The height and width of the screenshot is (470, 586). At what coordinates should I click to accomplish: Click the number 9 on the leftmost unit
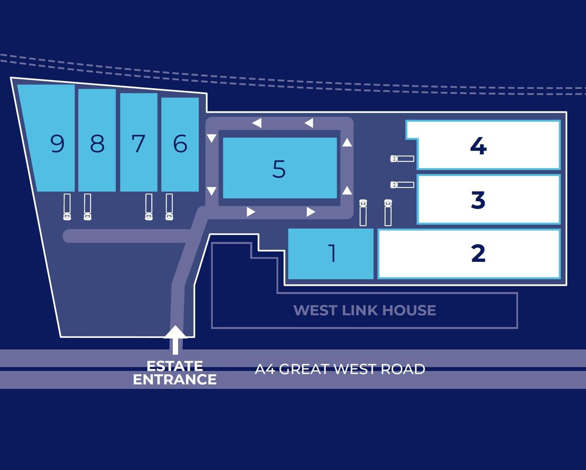tap(58, 144)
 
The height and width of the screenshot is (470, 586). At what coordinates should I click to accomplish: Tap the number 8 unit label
tap(98, 144)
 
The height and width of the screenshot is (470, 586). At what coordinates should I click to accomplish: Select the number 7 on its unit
tap(139, 144)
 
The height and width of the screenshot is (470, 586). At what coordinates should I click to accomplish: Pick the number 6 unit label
tap(180, 144)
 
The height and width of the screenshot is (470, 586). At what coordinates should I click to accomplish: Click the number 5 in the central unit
tap(279, 169)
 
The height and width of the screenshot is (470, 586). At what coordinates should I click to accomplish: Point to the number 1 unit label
tap(332, 254)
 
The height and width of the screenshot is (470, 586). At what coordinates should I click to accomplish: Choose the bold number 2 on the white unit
tap(478, 254)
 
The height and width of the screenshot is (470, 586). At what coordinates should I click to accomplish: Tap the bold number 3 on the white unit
tap(478, 200)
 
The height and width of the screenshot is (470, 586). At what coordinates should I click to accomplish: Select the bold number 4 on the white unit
tap(478, 146)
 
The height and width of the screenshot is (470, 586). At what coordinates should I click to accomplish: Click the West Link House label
tap(364, 310)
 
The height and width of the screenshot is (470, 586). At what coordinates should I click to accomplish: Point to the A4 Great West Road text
tap(340, 369)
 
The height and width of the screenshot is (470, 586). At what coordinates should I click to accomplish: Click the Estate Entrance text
tap(175, 373)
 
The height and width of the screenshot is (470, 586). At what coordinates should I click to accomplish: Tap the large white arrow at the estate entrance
tap(175, 339)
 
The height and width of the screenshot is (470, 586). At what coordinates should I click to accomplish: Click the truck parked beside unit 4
tap(402, 159)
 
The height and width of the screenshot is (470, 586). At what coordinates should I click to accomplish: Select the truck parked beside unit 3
tap(402, 185)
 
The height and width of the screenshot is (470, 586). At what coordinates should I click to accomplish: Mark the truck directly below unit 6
tap(169, 207)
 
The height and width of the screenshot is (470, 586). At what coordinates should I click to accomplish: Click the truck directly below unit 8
tap(87, 207)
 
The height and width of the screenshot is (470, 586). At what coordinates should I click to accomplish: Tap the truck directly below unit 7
tap(149, 207)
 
